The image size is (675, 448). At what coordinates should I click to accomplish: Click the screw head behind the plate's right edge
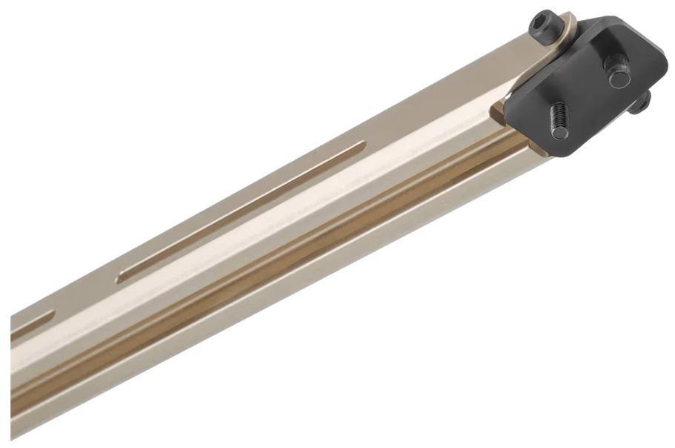tap(643, 102)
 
